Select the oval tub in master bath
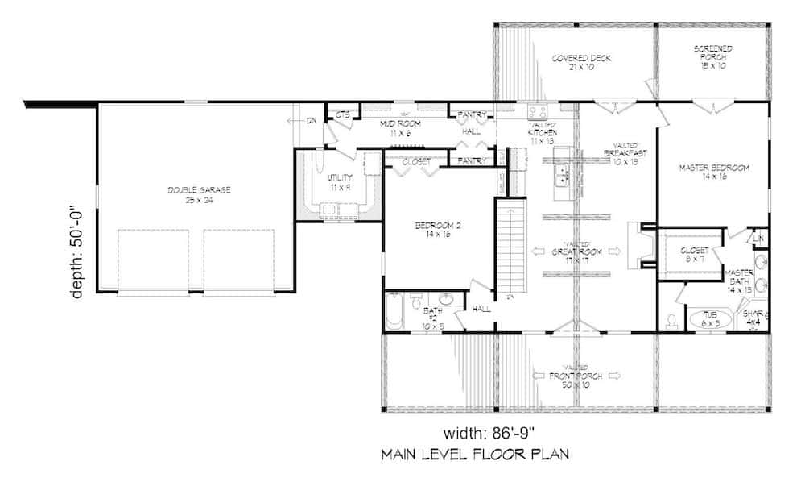click(x=708, y=319)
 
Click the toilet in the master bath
click(x=672, y=321)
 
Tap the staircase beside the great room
click(x=509, y=247)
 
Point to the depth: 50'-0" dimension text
click(x=78, y=251)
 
